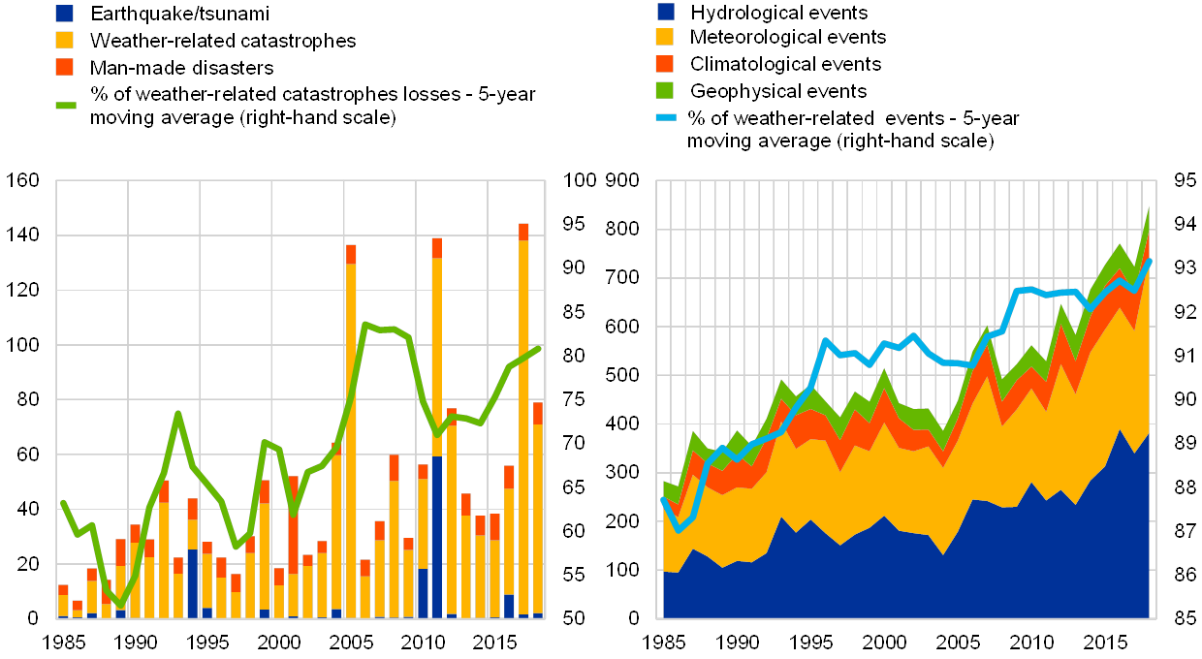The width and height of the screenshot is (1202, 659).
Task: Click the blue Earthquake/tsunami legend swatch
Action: pyautogui.click(x=64, y=14)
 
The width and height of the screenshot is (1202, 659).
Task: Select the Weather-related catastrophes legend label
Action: pyautogui.click(x=223, y=41)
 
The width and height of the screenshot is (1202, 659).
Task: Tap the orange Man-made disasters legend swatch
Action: pyautogui.click(x=64, y=67)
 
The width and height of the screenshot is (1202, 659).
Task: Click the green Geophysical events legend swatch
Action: pyautogui.click(x=666, y=90)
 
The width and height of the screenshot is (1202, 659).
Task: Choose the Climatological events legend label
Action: pyautogui.click(x=786, y=64)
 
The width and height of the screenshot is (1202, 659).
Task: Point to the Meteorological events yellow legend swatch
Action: pyautogui.click(x=666, y=37)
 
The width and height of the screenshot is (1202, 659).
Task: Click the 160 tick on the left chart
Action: pyautogui.click(x=22, y=180)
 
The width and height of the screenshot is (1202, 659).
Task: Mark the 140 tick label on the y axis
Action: pyautogui.click(x=22, y=235)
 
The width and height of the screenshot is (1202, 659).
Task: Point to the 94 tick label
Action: pyautogui.click(x=1184, y=225)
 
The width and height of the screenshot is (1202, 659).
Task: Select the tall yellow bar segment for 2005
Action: pyautogui.click(x=351, y=436)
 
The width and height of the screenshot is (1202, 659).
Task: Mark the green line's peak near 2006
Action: pyautogui.click(x=364, y=324)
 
